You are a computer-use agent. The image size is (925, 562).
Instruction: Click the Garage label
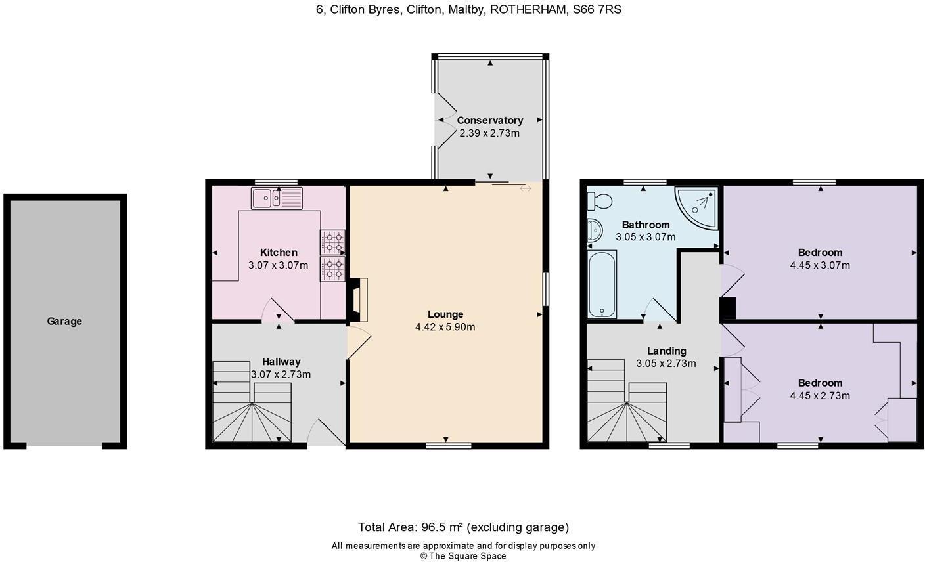click(64, 321)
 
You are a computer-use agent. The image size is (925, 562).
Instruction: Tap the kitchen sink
click(277, 198)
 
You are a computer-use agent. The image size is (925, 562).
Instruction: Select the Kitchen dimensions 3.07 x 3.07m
click(278, 265)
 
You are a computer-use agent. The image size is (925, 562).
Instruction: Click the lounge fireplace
click(358, 299)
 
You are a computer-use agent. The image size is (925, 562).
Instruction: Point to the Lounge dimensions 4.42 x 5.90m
click(445, 327)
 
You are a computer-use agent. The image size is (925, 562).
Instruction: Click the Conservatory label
click(489, 120)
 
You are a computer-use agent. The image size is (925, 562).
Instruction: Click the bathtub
click(601, 284)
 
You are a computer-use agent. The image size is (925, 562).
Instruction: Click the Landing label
click(666, 351)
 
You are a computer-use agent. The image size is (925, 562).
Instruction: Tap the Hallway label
click(281, 362)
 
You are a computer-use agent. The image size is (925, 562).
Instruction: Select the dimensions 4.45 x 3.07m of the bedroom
click(820, 265)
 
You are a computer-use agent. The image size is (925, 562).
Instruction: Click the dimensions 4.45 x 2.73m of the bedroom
click(820, 396)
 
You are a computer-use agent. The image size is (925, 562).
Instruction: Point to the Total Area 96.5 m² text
click(463, 527)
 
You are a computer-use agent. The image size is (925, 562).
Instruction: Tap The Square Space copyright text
click(463, 556)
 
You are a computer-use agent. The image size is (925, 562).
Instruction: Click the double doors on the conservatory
click(445, 120)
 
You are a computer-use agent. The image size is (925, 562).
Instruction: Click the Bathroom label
click(645, 225)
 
